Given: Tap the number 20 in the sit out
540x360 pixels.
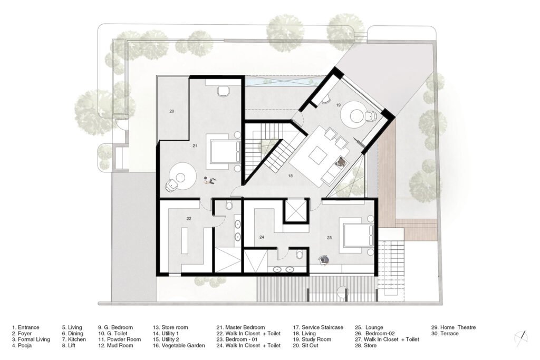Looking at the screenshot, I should pyautogui.click(x=172, y=111).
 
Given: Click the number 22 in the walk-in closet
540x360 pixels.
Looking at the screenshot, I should pyautogui.click(x=188, y=218).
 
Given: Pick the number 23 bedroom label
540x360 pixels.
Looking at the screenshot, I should pyautogui.click(x=330, y=238).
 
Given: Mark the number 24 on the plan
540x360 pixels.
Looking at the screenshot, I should pyautogui.click(x=262, y=237).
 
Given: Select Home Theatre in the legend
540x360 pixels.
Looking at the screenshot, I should pyautogui.click(x=453, y=327).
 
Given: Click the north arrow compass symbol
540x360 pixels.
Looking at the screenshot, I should pyautogui.click(x=522, y=335).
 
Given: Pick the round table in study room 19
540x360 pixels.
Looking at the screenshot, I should pyautogui.click(x=352, y=114).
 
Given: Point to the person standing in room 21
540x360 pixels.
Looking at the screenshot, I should pyautogui.click(x=209, y=180).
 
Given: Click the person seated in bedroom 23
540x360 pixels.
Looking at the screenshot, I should pyautogui.click(x=323, y=259).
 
